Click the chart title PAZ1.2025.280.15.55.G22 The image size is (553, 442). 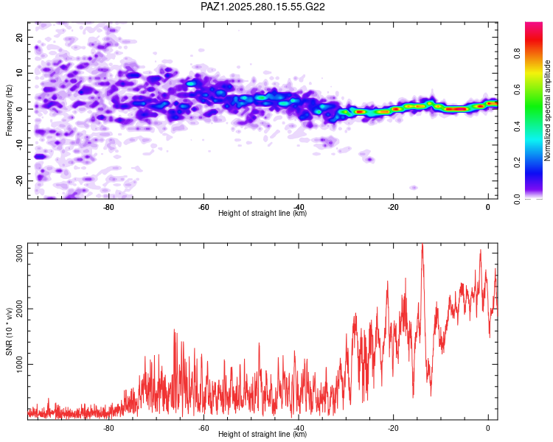click(x=263, y=7)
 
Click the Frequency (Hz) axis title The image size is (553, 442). click(x=9, y=110)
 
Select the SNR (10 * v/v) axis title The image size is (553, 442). click(x=9, y=331)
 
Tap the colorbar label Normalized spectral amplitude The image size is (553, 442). click(x=548, y=110)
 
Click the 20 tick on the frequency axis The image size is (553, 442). click(x=20, y=37)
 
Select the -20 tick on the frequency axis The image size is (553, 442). click(x=18, y=180)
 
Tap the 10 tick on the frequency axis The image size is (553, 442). click(x=20, y=73)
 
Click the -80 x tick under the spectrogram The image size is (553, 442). click(x=108, y=207)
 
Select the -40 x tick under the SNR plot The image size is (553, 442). click(x=298, y=428)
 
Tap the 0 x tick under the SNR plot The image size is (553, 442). click(x=488, y=428)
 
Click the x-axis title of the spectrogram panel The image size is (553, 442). click(x=262, y=214)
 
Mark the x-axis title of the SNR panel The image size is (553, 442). click(x=262, y=435)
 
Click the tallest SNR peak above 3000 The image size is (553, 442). click(x=422, y=245)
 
